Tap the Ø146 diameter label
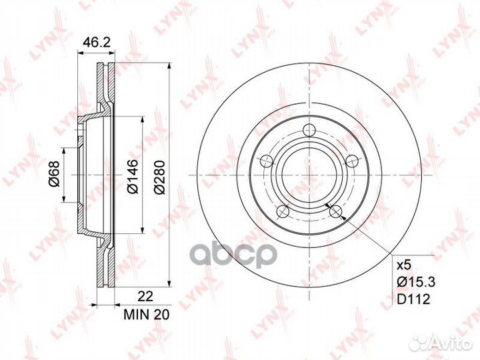pos(133,176)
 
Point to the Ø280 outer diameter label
pos(159,177)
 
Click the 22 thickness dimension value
pos(145,296)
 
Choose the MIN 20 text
pos(147,315)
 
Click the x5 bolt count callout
pos(403,265)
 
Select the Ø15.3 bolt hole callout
pos(416,281)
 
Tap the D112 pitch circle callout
pos(413,299)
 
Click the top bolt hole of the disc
pos(309,130)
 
